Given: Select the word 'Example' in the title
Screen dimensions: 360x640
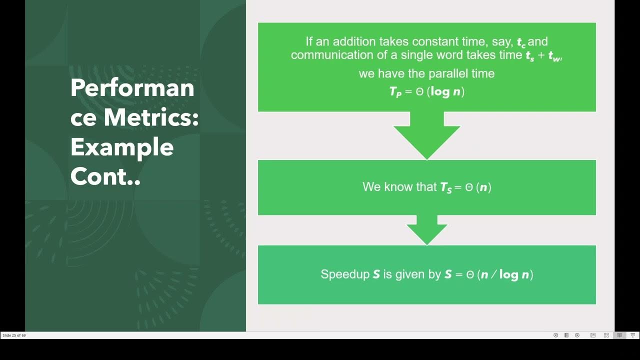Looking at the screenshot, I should pyautogui.click(x=122, y=147).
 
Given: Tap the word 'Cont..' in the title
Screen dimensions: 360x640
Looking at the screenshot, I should pyautogui.click(x=105, y=176).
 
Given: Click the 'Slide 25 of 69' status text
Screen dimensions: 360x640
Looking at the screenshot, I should pyautogui.click(x=14, y=335).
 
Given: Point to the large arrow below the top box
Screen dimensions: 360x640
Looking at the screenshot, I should pyautogui.click(x=426, y=135).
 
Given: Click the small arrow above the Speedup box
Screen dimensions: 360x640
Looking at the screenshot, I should pyautogui.click(x=426, y=230).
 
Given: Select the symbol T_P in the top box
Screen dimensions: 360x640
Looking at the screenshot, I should pyautogui.click(x=395, y=92).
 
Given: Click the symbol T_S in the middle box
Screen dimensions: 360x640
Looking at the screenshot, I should pyautogui.click(x=445, y=187).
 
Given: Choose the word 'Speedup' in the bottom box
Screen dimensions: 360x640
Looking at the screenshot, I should pyautogui.click(x=345, y=274).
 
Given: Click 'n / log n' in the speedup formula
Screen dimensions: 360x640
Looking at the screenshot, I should pyautogui.click(x=504, y=274).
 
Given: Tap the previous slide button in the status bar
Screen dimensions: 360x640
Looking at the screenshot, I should pyautogui.click(x=555, y=335).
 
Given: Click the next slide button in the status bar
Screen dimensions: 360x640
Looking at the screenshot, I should pyautogui.click(x=577, y=335).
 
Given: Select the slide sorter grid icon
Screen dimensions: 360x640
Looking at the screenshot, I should pyautogui.click(x=606, y=335).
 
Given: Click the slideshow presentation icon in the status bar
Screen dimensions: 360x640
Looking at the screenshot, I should pyautogui.click(x=632, y=335).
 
